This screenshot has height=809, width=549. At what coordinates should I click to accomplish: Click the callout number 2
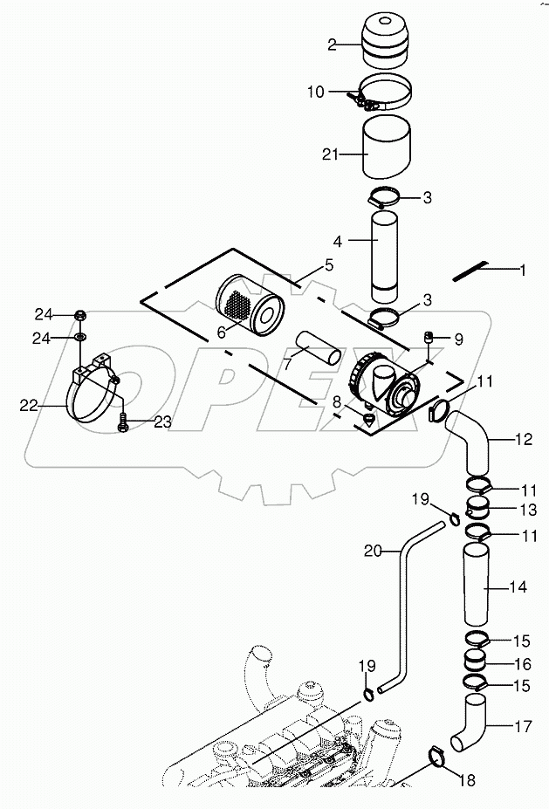point(331,45)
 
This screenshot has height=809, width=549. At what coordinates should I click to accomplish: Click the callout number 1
point(522,271)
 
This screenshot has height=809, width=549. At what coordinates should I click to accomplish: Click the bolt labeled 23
point(122,422)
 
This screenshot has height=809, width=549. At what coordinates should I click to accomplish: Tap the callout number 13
point(518,510)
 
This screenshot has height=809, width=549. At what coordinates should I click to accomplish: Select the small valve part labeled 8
point(367,420)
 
